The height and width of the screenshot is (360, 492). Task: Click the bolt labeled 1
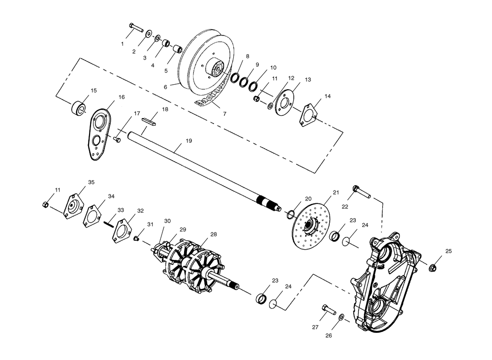click(x=136, y=27)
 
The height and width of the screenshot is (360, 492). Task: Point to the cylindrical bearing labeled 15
click(x=78, y=108)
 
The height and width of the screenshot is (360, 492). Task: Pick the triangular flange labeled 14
click(x=308, y=115)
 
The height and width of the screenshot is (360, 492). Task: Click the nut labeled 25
click(x=433, y=268)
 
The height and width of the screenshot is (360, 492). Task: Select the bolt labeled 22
click(x=362, y=192)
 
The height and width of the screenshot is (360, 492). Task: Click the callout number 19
click(x=188, y=141)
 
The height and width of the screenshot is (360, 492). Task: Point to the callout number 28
click(x=214, y=234)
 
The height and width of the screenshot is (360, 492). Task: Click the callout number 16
click(x=122, y=97)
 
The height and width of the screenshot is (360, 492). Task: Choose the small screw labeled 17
click(x=118, y=139)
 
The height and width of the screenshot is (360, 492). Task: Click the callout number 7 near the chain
click(x=224, y=114)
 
